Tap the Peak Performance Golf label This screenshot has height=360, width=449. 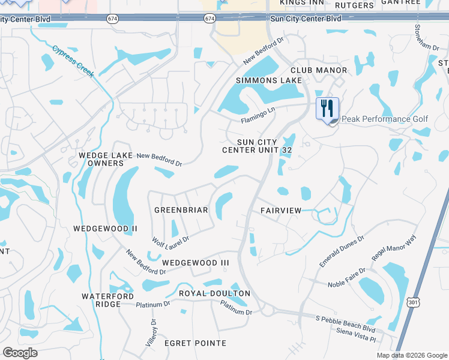385,119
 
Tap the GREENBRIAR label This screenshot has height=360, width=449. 181,210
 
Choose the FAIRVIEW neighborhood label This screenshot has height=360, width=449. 281,211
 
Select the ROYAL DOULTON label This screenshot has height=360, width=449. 214,293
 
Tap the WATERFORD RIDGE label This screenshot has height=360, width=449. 101,300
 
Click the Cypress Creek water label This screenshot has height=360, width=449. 73,61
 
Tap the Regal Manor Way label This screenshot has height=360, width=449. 394,248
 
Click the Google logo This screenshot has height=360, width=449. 20,353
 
